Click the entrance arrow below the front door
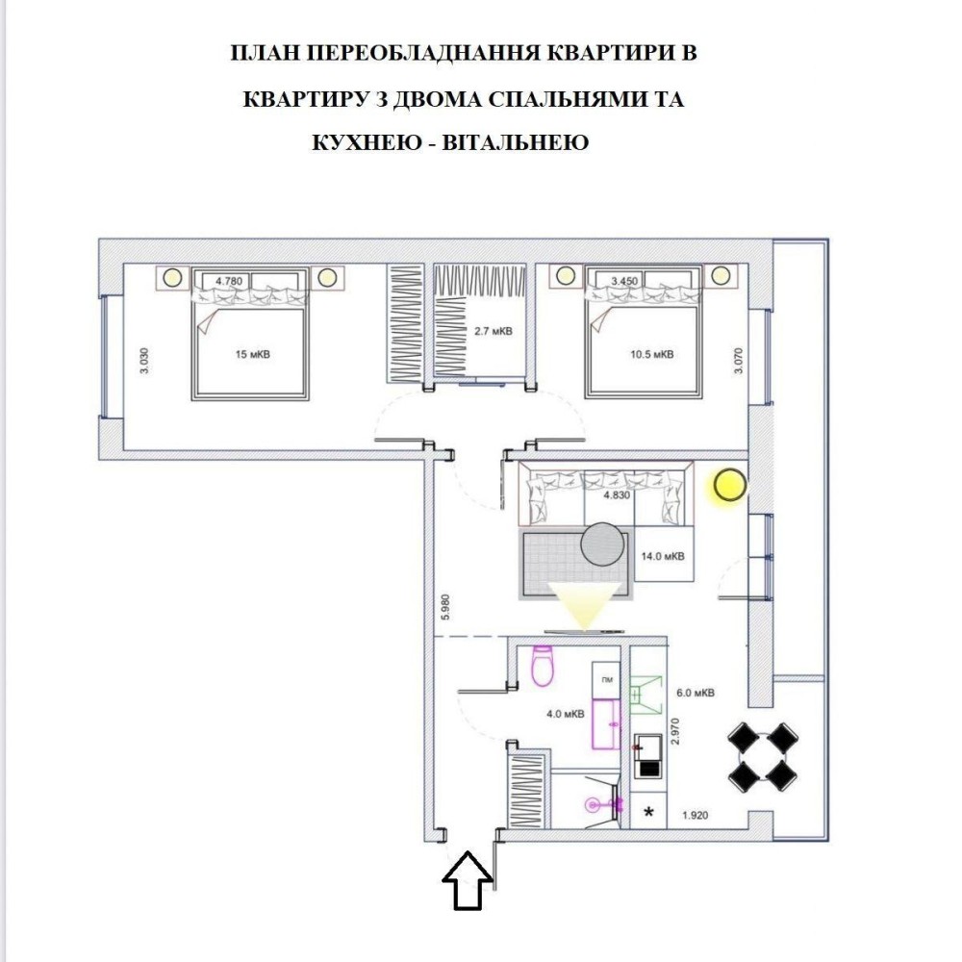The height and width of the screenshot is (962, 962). (468, 880)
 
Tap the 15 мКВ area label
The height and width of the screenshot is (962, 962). (252, 354)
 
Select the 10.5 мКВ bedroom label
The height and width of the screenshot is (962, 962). (651, 354)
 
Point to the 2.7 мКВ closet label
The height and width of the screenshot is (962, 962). (493, 331)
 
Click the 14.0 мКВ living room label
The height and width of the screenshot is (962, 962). (663, 556)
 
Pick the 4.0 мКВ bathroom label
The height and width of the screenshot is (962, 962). (565, 714)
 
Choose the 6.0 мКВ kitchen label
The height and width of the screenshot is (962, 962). (696, 693)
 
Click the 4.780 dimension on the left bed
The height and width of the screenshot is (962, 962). (229, 281)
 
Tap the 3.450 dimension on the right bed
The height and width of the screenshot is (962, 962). (624, 281)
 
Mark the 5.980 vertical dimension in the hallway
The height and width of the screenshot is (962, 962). (446, 607)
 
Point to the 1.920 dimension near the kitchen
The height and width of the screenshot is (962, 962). (696, 816)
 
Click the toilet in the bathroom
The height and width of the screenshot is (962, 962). (543, 665)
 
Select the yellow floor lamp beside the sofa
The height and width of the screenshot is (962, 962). (729, 485)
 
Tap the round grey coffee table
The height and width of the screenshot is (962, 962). (602, 544)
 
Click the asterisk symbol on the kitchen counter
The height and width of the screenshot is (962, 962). (647, 812)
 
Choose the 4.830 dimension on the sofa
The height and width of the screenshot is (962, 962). (617, 495)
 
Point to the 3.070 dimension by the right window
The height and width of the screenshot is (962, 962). (738, 362)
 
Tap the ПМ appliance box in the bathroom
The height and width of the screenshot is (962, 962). (607, 680)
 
